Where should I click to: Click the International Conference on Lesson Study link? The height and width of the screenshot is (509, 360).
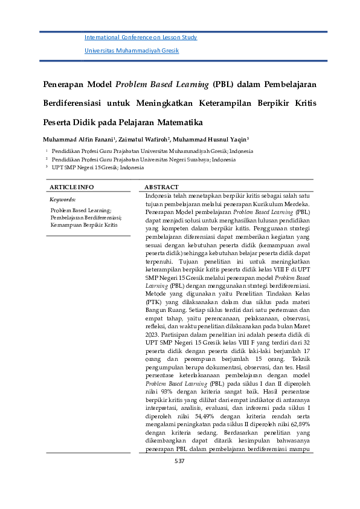click(x=141, y=37)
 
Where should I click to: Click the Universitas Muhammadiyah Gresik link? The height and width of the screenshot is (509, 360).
click(x=132, y=51)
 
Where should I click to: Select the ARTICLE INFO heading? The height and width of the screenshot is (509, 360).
click(x=71, y=187)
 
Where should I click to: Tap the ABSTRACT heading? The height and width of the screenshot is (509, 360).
click(x=161, y=187)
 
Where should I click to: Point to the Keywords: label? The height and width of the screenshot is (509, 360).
click(x=62, y=199)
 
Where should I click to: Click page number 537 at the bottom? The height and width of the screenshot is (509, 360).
click(x=179, y=461)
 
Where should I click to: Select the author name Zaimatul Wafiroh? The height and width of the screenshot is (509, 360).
click(x=144, y=138)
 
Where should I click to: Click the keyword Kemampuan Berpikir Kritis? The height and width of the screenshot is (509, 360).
click(x=84, y=224)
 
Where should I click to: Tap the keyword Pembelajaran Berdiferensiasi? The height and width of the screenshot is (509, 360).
click(x=86, y=217)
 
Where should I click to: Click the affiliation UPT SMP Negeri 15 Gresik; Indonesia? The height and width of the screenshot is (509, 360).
click(x=97, y=167)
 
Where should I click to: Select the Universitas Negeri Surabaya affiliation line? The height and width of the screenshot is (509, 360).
click(x=143, y=159)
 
